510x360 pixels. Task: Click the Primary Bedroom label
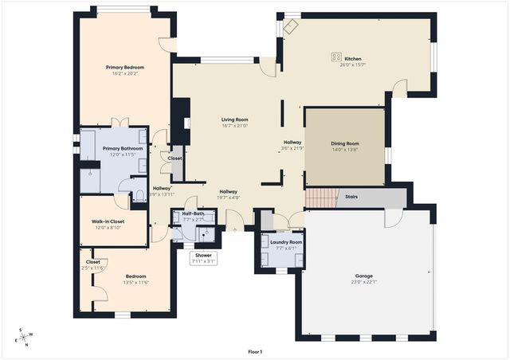pos(124,68)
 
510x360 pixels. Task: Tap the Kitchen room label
pos(353,57)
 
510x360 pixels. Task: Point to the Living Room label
pos(235,119)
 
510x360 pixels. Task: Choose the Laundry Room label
pos(285,241)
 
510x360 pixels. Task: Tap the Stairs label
pos(351,197)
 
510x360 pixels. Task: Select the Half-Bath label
pos(193,213)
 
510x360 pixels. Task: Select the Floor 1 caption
pos(255,351)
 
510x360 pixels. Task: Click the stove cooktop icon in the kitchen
pos(336,57)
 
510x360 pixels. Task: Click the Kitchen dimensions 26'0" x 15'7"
pos(353,64)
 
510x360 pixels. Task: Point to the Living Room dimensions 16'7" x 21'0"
pos(235,126)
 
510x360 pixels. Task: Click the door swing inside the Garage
pos(394,217)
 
